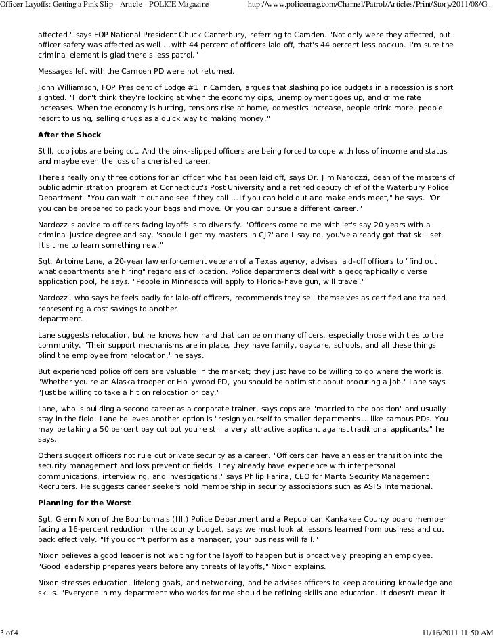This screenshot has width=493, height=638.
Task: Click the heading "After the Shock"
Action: click(69, 135)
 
